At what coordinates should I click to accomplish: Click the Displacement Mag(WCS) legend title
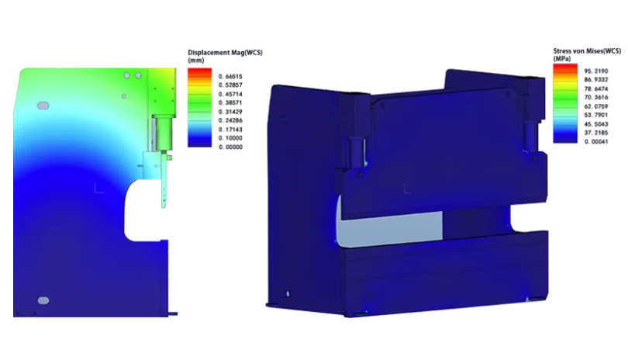[x=225, y=53]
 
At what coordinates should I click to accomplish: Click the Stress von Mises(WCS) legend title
[x=587, y=51]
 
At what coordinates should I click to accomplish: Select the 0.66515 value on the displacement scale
[x=230, y=76]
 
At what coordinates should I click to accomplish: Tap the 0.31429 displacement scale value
[x=230, y=112]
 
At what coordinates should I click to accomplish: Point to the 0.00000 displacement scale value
[x=230, y=147]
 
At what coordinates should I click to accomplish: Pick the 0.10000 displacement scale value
[x=230, y=138]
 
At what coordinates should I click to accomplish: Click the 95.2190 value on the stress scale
[x=596, y=71]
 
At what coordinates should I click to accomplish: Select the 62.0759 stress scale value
[x=596, y=106]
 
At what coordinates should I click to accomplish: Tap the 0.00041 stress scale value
[x=596, y=141]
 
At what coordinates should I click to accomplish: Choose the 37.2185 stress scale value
[x=596, y=133]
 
